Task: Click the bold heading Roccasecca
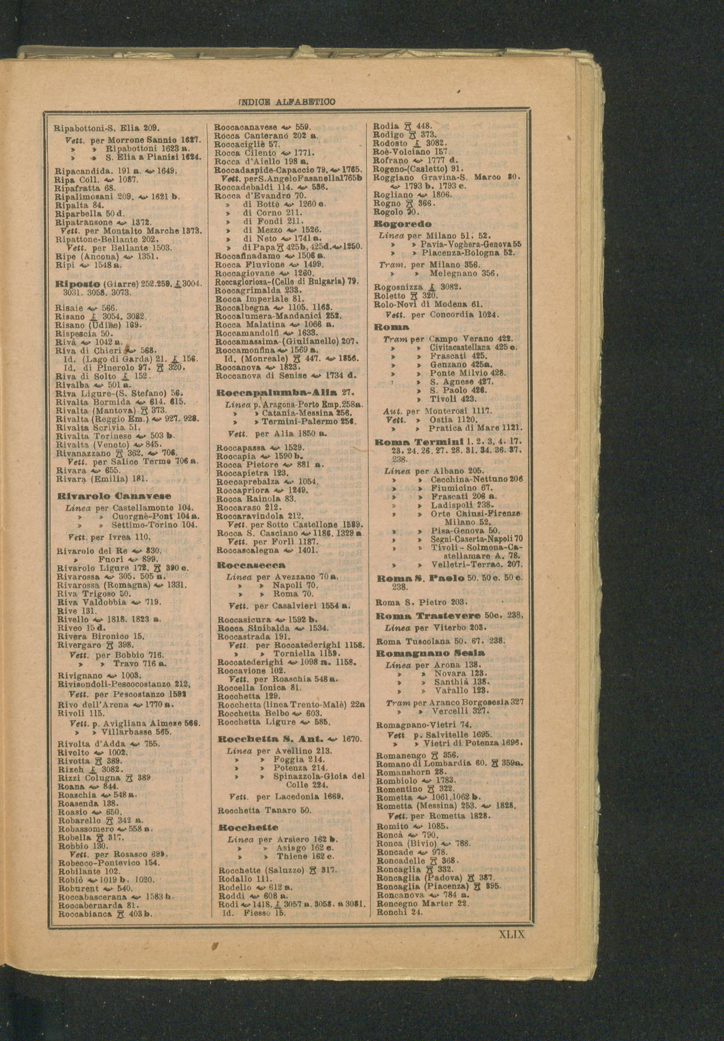click(251, 565)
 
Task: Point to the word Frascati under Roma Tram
click(446, 356)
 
